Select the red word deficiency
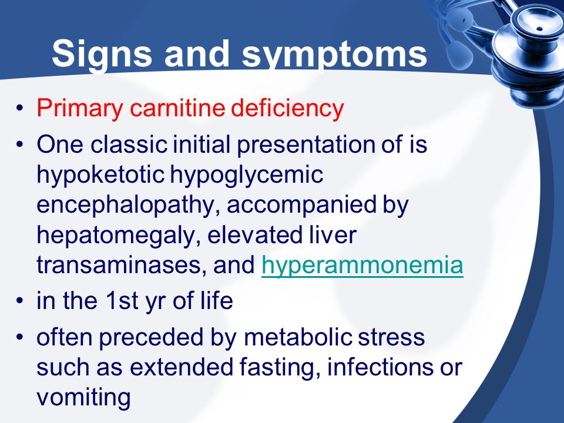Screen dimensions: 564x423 pos(287,108)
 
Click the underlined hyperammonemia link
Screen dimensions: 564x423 pos(362,266)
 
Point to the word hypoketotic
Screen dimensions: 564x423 pos(100,175)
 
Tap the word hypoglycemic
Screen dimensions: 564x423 pos(246,175)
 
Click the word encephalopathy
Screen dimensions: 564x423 pos(128,205)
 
